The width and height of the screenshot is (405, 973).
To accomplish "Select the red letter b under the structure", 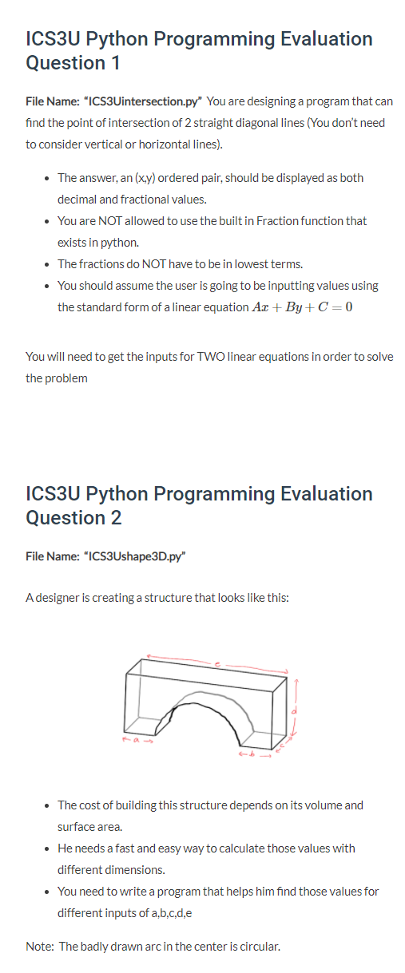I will click(254, 753).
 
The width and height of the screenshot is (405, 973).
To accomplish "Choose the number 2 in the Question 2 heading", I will click(116, 518).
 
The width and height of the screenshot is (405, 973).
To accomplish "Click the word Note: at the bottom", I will click(41, 947).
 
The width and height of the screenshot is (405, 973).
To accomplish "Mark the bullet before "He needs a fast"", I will click(50, 848).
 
